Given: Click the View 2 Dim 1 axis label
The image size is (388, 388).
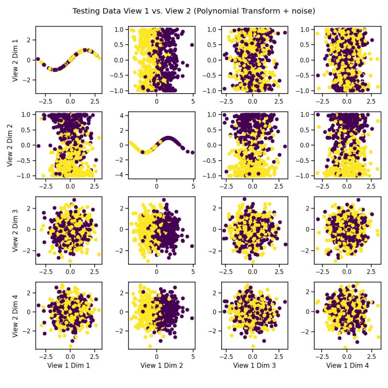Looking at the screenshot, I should (16, 60).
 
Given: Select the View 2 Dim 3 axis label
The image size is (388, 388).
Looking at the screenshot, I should (16, 230).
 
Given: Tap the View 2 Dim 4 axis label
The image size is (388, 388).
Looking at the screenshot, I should (16, 315).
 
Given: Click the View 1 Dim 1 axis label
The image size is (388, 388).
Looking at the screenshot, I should (68, 366).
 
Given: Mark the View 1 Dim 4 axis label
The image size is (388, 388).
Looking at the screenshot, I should (347, 366).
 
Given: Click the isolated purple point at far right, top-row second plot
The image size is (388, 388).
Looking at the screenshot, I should (192, 45).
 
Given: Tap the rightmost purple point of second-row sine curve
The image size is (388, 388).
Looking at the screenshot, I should (193, 152).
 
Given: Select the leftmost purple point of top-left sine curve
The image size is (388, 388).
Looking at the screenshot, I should (38, 60).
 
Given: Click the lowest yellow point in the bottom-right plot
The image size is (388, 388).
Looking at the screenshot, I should (345, 347).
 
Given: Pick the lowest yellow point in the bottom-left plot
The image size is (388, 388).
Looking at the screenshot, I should (70, 346).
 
